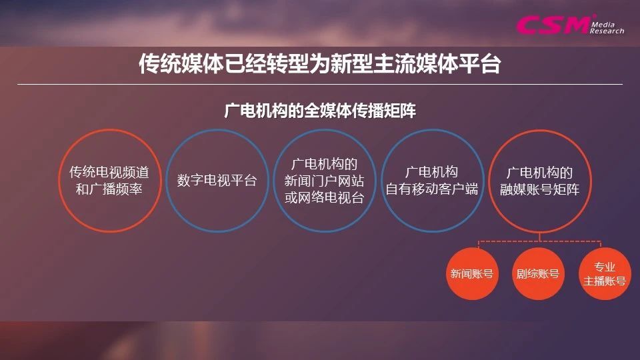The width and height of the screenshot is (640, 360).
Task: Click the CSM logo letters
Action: tap(553, 25)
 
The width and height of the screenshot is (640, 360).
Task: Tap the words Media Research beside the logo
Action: tap(607, 28)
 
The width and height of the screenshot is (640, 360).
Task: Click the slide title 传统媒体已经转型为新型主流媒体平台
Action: tap(319, 63)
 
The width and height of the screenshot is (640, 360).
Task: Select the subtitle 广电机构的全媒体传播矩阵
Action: tap(320, 111)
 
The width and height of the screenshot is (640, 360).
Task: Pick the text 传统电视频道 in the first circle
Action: tap(109, 172)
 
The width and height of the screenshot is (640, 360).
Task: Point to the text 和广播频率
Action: tap(109, 189)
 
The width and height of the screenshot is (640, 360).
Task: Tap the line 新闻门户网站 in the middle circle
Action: tap(324, 181)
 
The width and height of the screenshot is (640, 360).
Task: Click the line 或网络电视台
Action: tap(324, 197)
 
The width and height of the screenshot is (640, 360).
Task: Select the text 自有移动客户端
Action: tap(432, 189)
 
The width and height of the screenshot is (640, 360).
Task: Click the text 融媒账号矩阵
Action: tap(539, 189)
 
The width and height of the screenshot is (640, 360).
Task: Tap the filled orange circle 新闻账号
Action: tap(472, 273)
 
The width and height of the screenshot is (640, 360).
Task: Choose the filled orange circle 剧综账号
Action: tap(537, 273)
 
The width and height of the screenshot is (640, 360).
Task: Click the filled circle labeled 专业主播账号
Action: tap(605, 273)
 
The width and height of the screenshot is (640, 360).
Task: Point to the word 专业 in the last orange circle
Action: tap(605, 267)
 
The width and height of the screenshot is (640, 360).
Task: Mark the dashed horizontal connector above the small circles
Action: tap(539, 241)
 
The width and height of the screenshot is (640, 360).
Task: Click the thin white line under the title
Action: tap(320, 85)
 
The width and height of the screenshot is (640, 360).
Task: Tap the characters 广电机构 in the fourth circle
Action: tap(432, 172)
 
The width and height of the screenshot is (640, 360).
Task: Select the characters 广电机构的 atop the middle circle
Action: tap(324, 164)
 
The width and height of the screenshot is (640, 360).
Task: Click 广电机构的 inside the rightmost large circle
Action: tap(539, 173)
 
